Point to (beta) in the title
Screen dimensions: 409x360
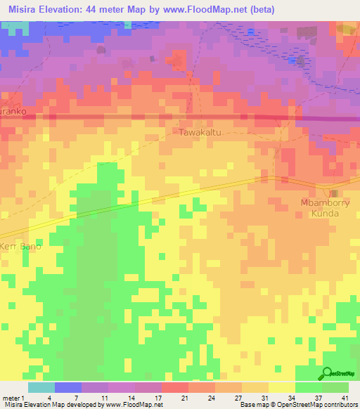click(259, 10)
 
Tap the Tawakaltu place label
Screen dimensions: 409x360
click(198, 131)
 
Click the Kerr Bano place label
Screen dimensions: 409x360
click(21, 247)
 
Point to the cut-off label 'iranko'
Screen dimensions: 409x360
click(13, 112)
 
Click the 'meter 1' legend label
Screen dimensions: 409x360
click(14, 397)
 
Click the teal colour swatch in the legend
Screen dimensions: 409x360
click(41, 387)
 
